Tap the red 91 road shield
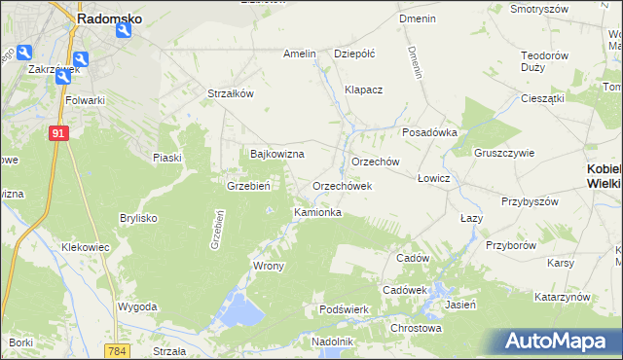click(x=58, y=133)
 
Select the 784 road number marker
click(x=119, y=350)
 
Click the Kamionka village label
click(x=317, y=211)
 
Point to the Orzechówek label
click(x=342, y=185)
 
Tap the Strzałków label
click(x=231, y=93)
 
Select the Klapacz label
click(x=364, y=90)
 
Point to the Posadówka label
click(x=429, y=133)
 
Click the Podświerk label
click(x=343, y=309)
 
